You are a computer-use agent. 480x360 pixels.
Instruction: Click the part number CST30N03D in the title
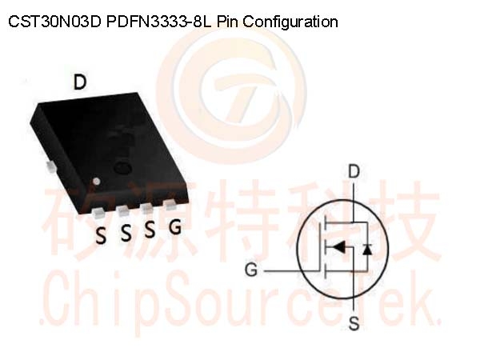coord(54,22)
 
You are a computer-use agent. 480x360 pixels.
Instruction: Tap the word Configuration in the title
coord(290,22)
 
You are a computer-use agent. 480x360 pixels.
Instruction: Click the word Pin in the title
coord(227,22)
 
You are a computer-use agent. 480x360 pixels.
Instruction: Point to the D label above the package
coord(80,82)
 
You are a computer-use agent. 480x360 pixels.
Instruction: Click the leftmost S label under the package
coord(101,236)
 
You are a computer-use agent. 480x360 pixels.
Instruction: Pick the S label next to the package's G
coord(150,230)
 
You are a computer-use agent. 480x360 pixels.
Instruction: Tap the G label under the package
coord(175,227)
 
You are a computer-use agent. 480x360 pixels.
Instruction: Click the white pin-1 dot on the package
coord(97,182)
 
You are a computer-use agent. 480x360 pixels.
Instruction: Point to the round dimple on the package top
coord(122,167)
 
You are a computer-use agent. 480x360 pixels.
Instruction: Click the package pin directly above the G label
coord(170,205)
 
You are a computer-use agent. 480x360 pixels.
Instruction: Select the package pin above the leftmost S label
coord(99,213)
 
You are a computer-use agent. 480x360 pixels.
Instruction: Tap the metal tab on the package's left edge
coord(50,167)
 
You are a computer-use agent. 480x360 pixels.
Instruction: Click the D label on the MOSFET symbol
coord(354,171)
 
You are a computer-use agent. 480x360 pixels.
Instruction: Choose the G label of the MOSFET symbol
coord(251,270)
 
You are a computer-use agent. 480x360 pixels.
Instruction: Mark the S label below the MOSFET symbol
coord(354,323)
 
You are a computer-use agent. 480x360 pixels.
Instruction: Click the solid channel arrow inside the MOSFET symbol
coord(338,246)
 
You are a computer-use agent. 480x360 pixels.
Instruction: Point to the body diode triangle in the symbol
coord(367,250)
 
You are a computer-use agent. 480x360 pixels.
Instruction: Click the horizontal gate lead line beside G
coord(291,271)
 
